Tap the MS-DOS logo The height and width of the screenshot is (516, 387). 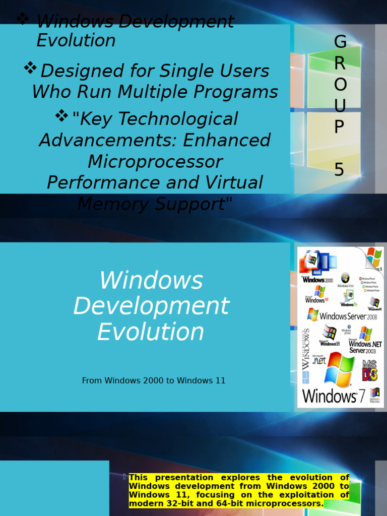[369, 370]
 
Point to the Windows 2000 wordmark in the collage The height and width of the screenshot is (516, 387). [317, 279]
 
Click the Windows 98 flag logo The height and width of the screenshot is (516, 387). [330, 334]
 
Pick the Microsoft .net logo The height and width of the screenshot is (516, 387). [319, 360]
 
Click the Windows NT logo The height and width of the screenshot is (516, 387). [374, 303]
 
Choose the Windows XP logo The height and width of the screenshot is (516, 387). [318, 294]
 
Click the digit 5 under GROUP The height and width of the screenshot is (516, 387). [340, 170]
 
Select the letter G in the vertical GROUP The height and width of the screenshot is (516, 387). [340, 42]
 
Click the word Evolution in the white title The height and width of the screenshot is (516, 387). [151, 332]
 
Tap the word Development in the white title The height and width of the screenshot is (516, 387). [151, 306]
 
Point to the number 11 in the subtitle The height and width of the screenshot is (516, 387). [220, 380]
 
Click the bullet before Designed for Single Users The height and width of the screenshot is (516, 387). [30, 69]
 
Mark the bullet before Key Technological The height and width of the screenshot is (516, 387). [61, 116]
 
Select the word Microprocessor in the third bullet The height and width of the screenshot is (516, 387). [155, 162]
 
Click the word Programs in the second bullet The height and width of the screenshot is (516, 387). [246, 92]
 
